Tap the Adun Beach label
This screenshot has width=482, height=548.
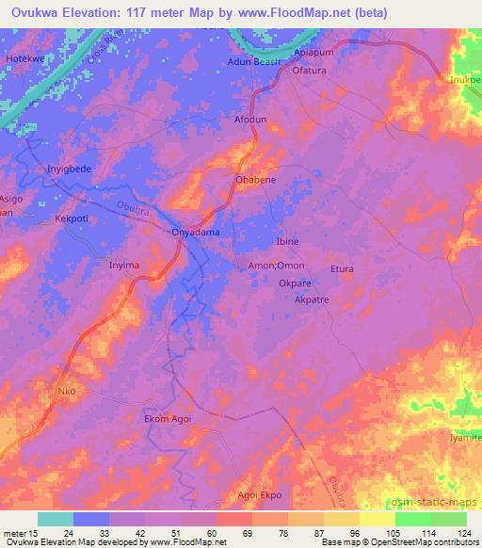point(254,62)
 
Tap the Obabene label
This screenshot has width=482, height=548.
point(254,179)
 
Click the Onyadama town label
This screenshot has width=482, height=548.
point(196,232)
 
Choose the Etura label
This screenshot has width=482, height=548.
point(341,269)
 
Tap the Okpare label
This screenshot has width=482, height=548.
point(295,282)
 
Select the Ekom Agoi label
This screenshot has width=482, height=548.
point(169,419)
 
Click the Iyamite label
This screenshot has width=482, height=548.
point(464,439)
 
